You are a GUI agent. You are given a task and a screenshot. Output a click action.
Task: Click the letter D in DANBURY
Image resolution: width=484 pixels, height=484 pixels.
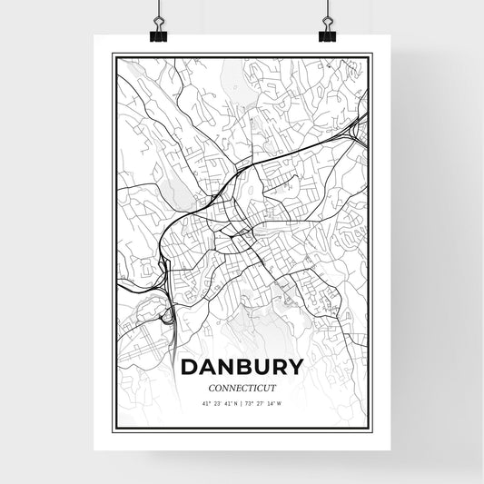point(193,368)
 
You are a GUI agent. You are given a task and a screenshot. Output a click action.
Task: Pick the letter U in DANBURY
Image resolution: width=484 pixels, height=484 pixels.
point(268,368)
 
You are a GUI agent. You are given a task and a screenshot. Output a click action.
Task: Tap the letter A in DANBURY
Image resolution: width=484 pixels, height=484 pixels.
point(212,368)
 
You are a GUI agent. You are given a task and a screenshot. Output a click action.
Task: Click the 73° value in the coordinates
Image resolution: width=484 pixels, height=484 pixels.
point(250,402)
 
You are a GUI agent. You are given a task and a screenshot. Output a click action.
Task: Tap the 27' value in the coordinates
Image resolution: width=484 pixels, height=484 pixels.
point(261,402)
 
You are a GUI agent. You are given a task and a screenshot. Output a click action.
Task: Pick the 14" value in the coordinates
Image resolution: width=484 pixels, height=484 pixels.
point(272,402)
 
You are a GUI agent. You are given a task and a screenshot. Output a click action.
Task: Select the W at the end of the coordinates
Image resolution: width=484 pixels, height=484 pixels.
point(281,402)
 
